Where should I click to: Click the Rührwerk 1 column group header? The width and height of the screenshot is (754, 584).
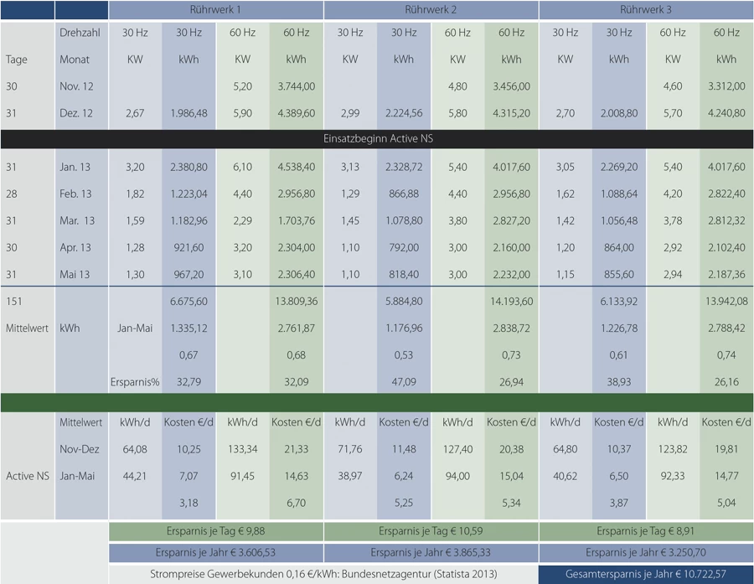tap(215, 10)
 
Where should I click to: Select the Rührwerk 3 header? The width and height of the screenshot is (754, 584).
tap(646, 10)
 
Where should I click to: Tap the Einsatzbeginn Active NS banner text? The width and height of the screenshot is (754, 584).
tap(376, 137)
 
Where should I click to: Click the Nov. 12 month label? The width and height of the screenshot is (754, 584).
tap(77, 86)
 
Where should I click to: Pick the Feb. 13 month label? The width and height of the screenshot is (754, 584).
tap(77, 194)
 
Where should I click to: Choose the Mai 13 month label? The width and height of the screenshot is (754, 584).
tap(76, 275)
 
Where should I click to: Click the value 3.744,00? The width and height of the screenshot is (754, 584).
tap(296, 86)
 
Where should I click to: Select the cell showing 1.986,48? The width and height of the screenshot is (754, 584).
tap(188, 113)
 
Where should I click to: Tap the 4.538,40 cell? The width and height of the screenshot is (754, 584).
tap(296, 168)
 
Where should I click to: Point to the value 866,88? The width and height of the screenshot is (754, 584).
tap(404, 194)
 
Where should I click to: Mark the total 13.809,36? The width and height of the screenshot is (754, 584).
tap(296, 302)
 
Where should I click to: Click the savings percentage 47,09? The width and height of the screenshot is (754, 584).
tap(404, 381)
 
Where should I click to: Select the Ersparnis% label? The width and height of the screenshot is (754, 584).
tap(134, 381)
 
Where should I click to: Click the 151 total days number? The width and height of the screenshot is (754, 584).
tap(14, 302)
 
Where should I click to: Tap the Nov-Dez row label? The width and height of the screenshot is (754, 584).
tap(80, 449)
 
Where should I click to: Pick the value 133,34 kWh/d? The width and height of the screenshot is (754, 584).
tap(242, 449)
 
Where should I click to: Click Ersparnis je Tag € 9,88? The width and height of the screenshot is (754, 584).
tap(215, 531)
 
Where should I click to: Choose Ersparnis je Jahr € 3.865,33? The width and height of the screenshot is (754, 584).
tap(431, 553)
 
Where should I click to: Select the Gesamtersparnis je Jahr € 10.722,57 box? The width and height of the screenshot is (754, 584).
tap(646, 574)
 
